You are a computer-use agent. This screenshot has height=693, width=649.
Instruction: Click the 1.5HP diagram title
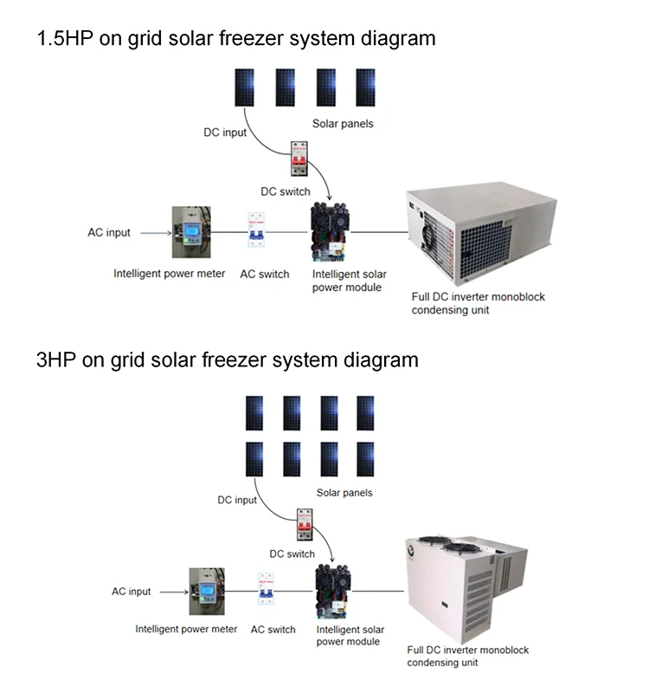(x=235, y=38)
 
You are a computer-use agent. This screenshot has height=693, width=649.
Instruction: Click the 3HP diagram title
(x=227, y=359)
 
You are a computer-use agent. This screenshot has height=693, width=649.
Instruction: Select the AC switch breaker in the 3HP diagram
(x=266, y=591)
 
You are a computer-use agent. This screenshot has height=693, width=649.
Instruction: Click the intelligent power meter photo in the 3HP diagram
(x=207, y=592)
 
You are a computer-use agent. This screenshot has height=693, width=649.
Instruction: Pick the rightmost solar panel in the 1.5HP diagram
(x=367, y=87)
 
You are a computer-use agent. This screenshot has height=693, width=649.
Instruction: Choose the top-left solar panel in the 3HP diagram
(x=254, y=413)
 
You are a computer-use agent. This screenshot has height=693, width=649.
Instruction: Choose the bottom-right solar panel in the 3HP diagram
(x=366, y=460)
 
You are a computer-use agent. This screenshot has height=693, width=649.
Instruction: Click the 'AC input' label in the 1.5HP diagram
(x=109, y=233)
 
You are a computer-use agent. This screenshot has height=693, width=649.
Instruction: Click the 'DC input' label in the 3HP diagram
(x=237, y=500)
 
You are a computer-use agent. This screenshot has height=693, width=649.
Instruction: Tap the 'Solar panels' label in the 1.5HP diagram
(x=343, y=124)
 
